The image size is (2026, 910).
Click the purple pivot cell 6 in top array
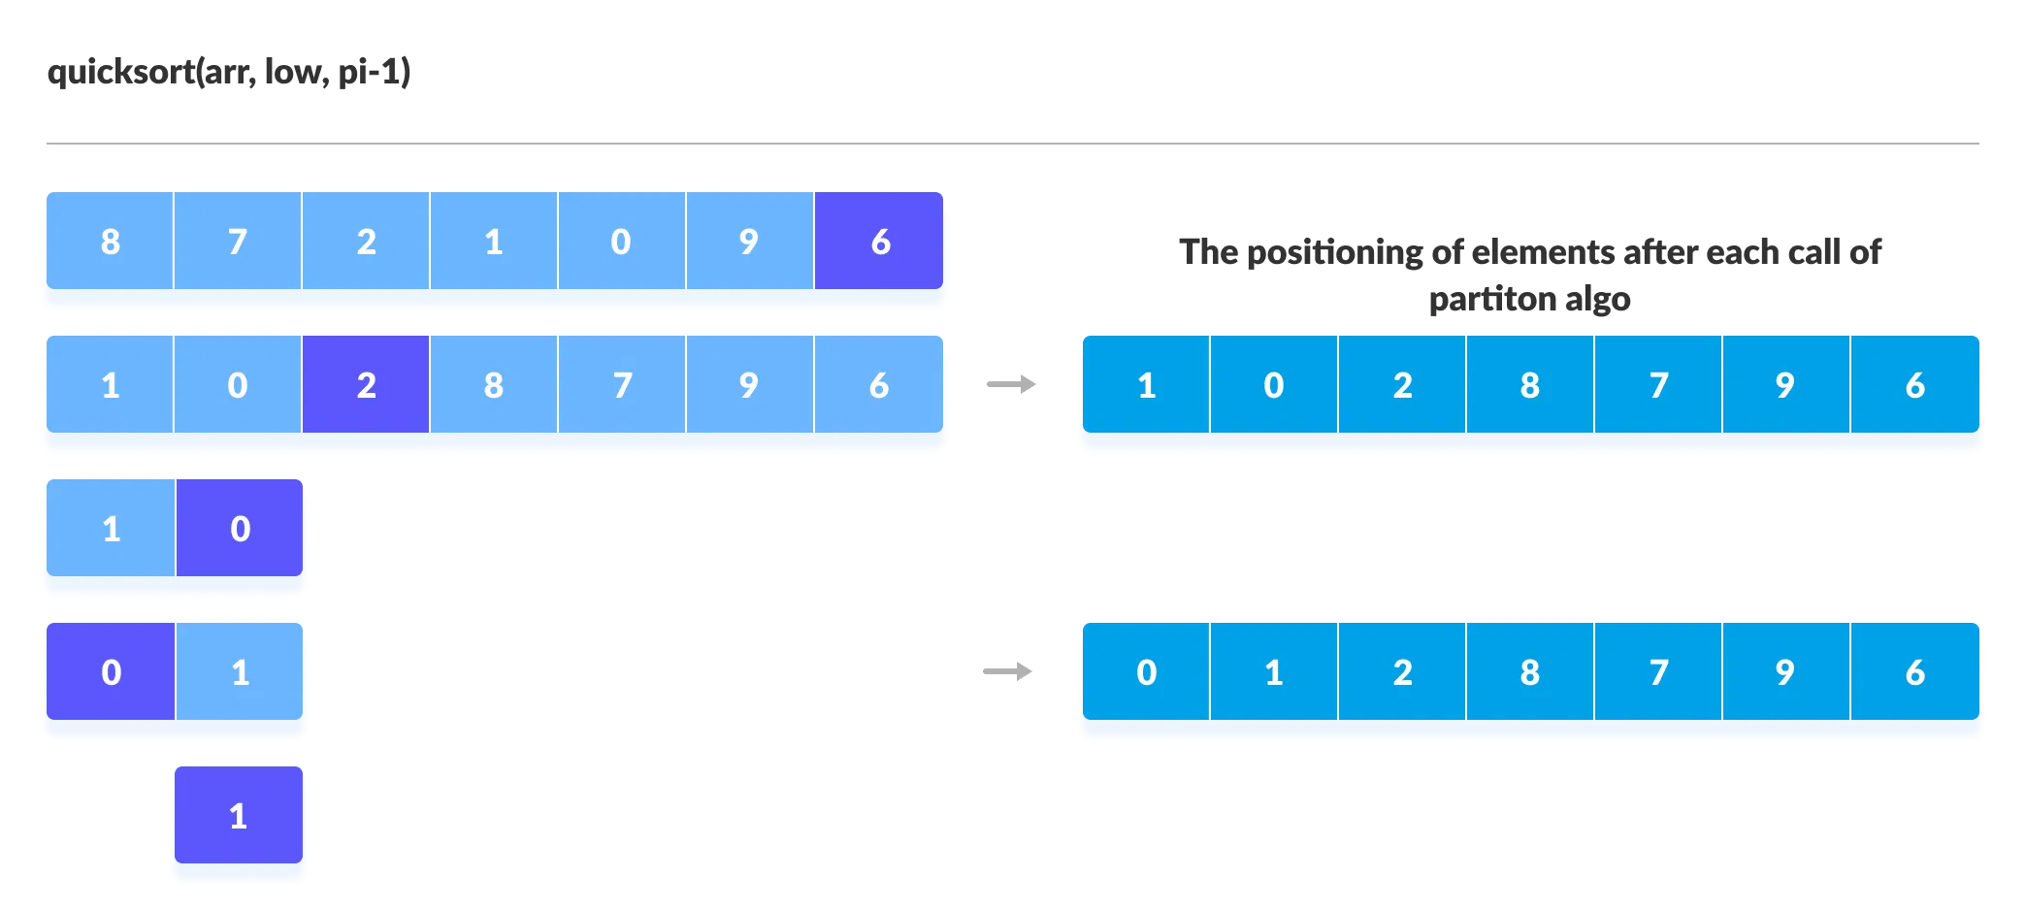pyautogui.click(x=879, y=241)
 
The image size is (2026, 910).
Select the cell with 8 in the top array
pyautogui.click(x=110, y=241)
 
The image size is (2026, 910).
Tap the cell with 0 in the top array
pyautogui.click(x=621, y=241)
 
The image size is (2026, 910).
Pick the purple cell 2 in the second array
pyautogui.click(x=366, y=384)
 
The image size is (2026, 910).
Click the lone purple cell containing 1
pyautogui.click(x=239, y=815)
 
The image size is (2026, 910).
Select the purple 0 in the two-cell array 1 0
pyautogui.click(x=240, y=528)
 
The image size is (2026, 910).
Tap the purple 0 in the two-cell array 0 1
pyautogui.click(x=111, y=671)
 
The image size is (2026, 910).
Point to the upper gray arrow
pyautogui.click(x=1011, y=385)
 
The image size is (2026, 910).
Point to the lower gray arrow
pyautogui.click(x=1007, y=671)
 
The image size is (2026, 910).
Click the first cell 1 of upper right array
pyautogui.click(x=1146, y=384)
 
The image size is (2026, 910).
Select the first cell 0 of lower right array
pyautogui.click(x=1146, y=671)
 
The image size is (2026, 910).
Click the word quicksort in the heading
pyautogui.click(x=120, y=72)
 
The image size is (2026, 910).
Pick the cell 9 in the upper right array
pyautogui.click(x=1785, y=384)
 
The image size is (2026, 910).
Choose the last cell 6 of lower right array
pyautogui.click(x=1914, y=671)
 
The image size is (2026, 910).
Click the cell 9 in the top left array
pyautogui.click(x=749, y=241)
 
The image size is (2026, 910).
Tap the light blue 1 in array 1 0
pyautogui.click(x=111, y=528)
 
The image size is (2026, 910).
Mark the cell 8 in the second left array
pyautogui.click(x=493, y=384)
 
